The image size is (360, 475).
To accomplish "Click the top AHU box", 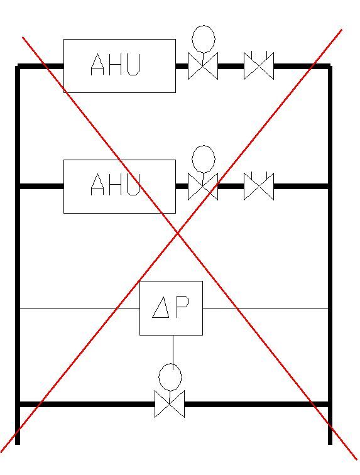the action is click(119, 66).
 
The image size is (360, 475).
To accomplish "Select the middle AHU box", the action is click(119, 187).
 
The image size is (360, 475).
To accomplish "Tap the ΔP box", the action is click(171, 308).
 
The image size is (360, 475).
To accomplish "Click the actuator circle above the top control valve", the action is click(204, 39).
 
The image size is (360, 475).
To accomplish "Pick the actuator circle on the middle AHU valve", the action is click(204, 159).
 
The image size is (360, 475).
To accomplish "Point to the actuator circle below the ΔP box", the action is click(170, 377).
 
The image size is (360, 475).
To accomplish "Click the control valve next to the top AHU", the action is click(203, 66).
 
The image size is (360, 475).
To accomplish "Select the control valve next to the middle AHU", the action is click(203, 187).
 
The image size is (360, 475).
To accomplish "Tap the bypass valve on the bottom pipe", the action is click(170, 404).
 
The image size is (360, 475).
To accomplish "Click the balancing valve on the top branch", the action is click(259, 65).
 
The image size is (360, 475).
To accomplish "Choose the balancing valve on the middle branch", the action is click(259, 186).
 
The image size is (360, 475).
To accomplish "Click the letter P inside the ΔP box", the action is click(183, 306).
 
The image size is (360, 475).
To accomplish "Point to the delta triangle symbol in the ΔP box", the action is click(161, 307).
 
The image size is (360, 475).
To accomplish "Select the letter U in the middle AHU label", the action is click(133, 184).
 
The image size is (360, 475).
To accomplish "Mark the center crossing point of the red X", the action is click(178, 232).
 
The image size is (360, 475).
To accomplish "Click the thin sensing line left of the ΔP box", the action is click(80, 308).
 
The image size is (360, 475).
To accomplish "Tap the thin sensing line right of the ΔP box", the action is click(266, 308).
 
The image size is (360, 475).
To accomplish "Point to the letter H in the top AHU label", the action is click(116, 64).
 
